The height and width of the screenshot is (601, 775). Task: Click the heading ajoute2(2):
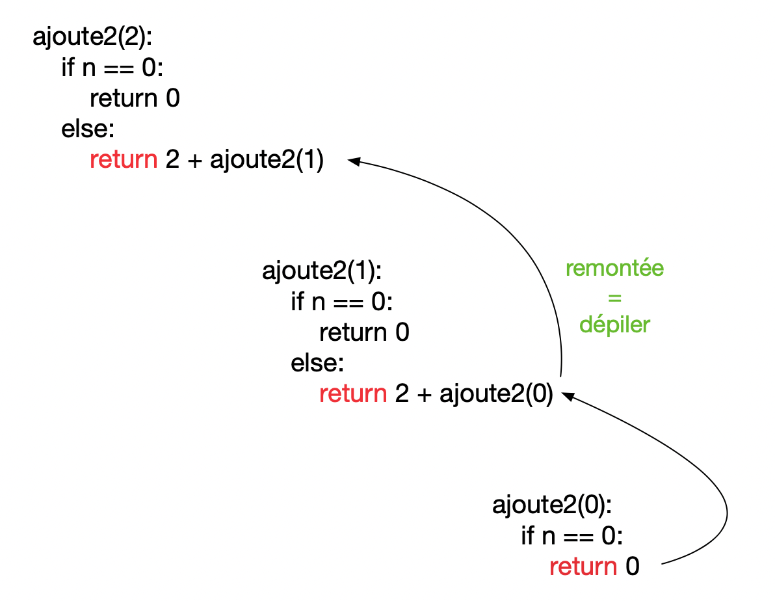[92, 37]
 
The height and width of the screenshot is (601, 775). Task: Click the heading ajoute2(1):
[321, 271]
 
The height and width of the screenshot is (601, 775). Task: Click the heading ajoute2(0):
[552, 505]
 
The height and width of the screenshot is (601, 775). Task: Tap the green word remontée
[614, 269]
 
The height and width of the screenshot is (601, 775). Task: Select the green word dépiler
[614, 324]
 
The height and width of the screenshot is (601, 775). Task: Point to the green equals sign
[614, 297]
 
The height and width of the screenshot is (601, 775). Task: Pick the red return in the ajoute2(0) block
[583, 567]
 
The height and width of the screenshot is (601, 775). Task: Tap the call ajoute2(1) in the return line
[267, 160]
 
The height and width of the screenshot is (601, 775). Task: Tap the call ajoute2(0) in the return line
[496, 394]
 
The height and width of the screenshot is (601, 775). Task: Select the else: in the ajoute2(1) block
[317, 364]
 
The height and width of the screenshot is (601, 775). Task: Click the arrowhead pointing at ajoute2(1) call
[354, 160]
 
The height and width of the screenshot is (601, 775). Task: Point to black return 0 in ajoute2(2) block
[135, 99]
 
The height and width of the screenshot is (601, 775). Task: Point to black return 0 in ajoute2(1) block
[364, 333]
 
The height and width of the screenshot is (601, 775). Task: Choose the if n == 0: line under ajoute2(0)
[572, 536]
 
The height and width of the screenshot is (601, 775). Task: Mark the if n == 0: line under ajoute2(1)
[342, 302]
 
